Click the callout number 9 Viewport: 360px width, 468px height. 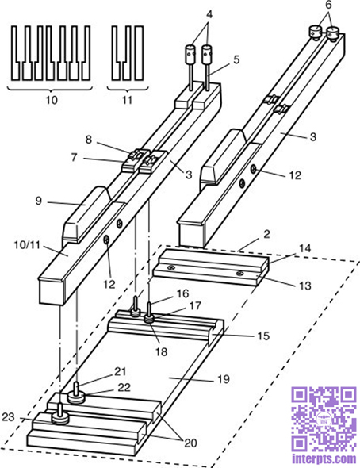39,201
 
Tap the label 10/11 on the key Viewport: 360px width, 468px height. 27,245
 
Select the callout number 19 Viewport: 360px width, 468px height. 224,379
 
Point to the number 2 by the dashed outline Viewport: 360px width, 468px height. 266,234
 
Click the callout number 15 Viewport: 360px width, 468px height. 263,336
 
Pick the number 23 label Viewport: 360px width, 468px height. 8,417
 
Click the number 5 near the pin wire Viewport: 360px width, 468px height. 236,59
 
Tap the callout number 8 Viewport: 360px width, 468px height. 89,140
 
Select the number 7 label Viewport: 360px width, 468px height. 74,157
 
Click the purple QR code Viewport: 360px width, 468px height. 324,420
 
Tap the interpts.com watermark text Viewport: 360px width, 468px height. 324,458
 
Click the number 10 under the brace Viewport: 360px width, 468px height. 52,100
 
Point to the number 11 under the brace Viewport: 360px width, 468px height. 127,100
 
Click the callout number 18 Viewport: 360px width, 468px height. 161,351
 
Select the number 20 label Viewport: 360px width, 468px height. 191,443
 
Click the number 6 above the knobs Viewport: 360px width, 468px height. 328,6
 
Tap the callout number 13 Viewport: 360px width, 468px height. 304,286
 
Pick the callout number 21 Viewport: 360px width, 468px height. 121,371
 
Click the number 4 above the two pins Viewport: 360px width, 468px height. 209,14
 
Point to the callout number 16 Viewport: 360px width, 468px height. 183,293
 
